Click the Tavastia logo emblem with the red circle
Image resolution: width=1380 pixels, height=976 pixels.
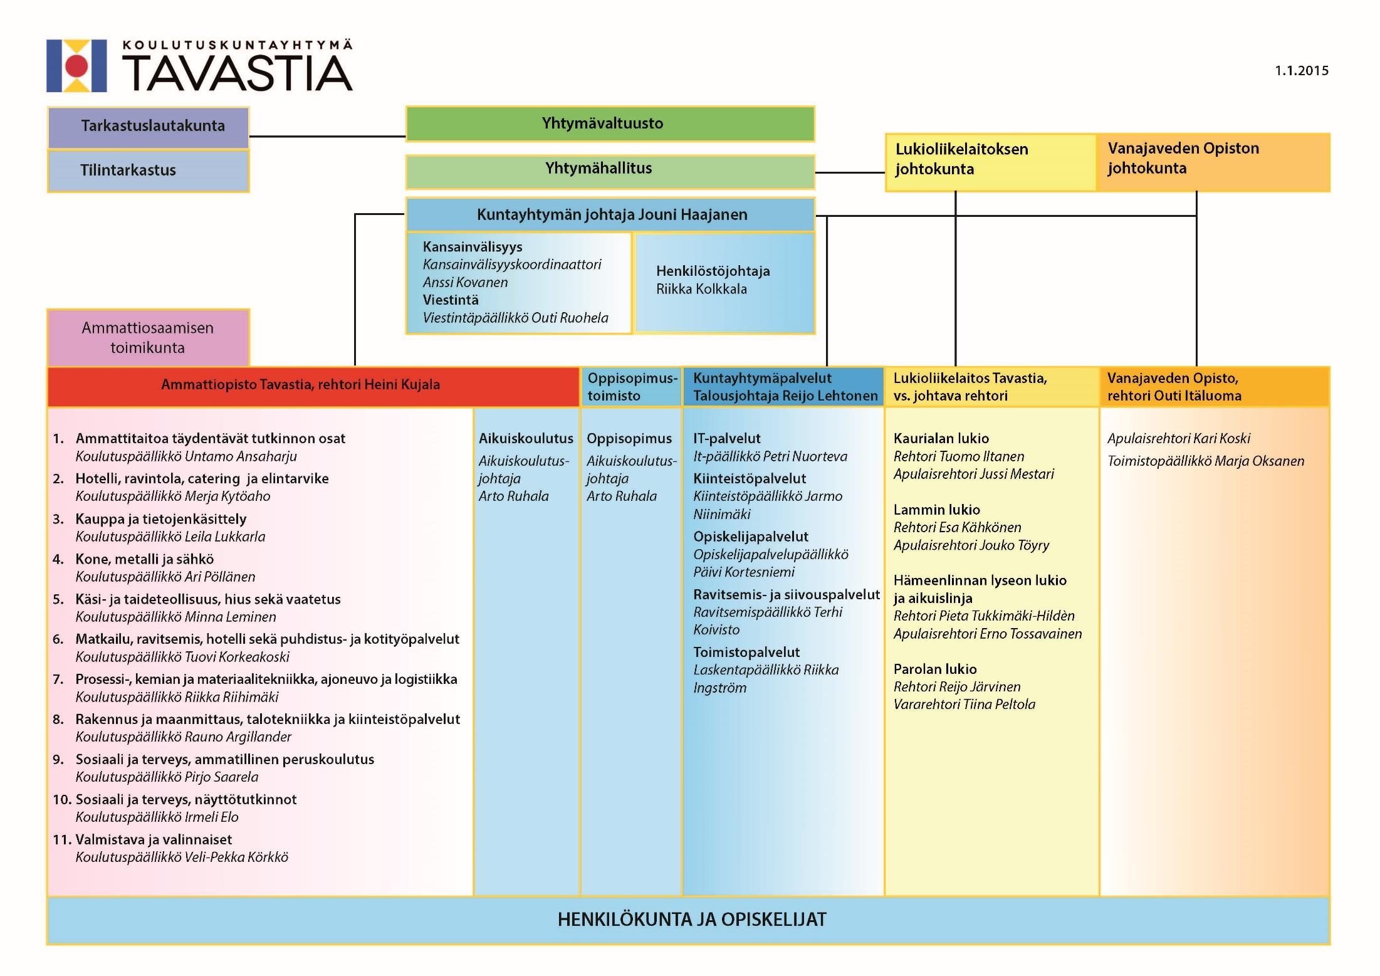[76, 66]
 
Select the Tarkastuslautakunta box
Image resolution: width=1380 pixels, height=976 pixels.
[149, 127]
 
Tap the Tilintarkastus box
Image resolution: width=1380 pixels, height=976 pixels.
[149, 171]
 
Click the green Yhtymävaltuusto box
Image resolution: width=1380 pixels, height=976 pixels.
[610, 123]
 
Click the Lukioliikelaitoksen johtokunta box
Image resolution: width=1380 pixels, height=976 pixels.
[991, 162]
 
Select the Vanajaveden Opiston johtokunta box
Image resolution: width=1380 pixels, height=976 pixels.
[1213, 162]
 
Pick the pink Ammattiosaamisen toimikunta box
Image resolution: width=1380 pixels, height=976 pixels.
[149, 337]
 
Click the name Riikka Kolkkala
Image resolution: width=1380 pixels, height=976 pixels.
[701, 289]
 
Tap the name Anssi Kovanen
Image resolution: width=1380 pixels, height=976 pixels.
[465, 282]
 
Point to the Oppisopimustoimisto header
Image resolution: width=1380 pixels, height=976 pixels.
[632, 387]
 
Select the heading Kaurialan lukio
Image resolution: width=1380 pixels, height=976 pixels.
[941, 438]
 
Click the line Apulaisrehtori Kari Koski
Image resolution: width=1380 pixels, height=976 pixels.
[1179, 438]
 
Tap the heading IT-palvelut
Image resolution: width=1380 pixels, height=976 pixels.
[727, 438]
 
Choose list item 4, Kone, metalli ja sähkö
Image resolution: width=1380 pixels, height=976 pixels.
[145, 559]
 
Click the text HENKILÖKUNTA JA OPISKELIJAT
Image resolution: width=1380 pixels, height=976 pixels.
[692, 920]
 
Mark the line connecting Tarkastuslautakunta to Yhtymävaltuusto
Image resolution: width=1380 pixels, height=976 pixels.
[328, 136]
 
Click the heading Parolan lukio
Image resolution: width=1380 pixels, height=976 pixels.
[935, 669]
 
